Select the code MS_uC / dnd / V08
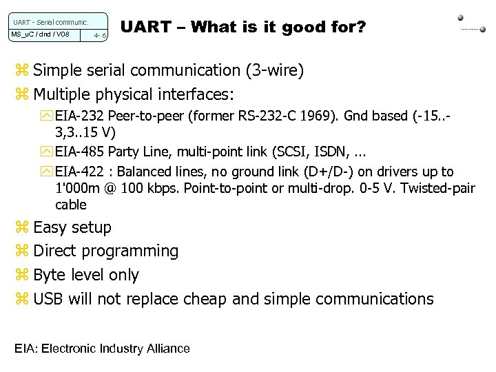click(x=41, y=34)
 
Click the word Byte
click(x=51, y=275)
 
